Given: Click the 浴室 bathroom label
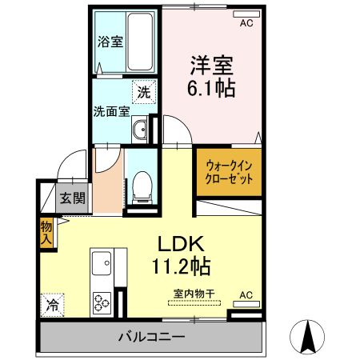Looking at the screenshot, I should point(110,42).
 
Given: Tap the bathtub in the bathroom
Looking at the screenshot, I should point(141,42).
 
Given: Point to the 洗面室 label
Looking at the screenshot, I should point(111,112).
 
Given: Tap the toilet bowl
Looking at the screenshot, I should point(142,185).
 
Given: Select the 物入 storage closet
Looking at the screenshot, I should point(46,232).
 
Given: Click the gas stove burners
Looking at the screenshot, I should point(102,302).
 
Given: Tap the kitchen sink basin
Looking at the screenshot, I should point(102,262).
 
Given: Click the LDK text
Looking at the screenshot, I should point(189,242).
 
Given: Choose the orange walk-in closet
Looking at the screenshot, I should point(229,173).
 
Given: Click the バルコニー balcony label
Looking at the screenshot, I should point(152,338).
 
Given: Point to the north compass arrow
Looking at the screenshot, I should point(308,337).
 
